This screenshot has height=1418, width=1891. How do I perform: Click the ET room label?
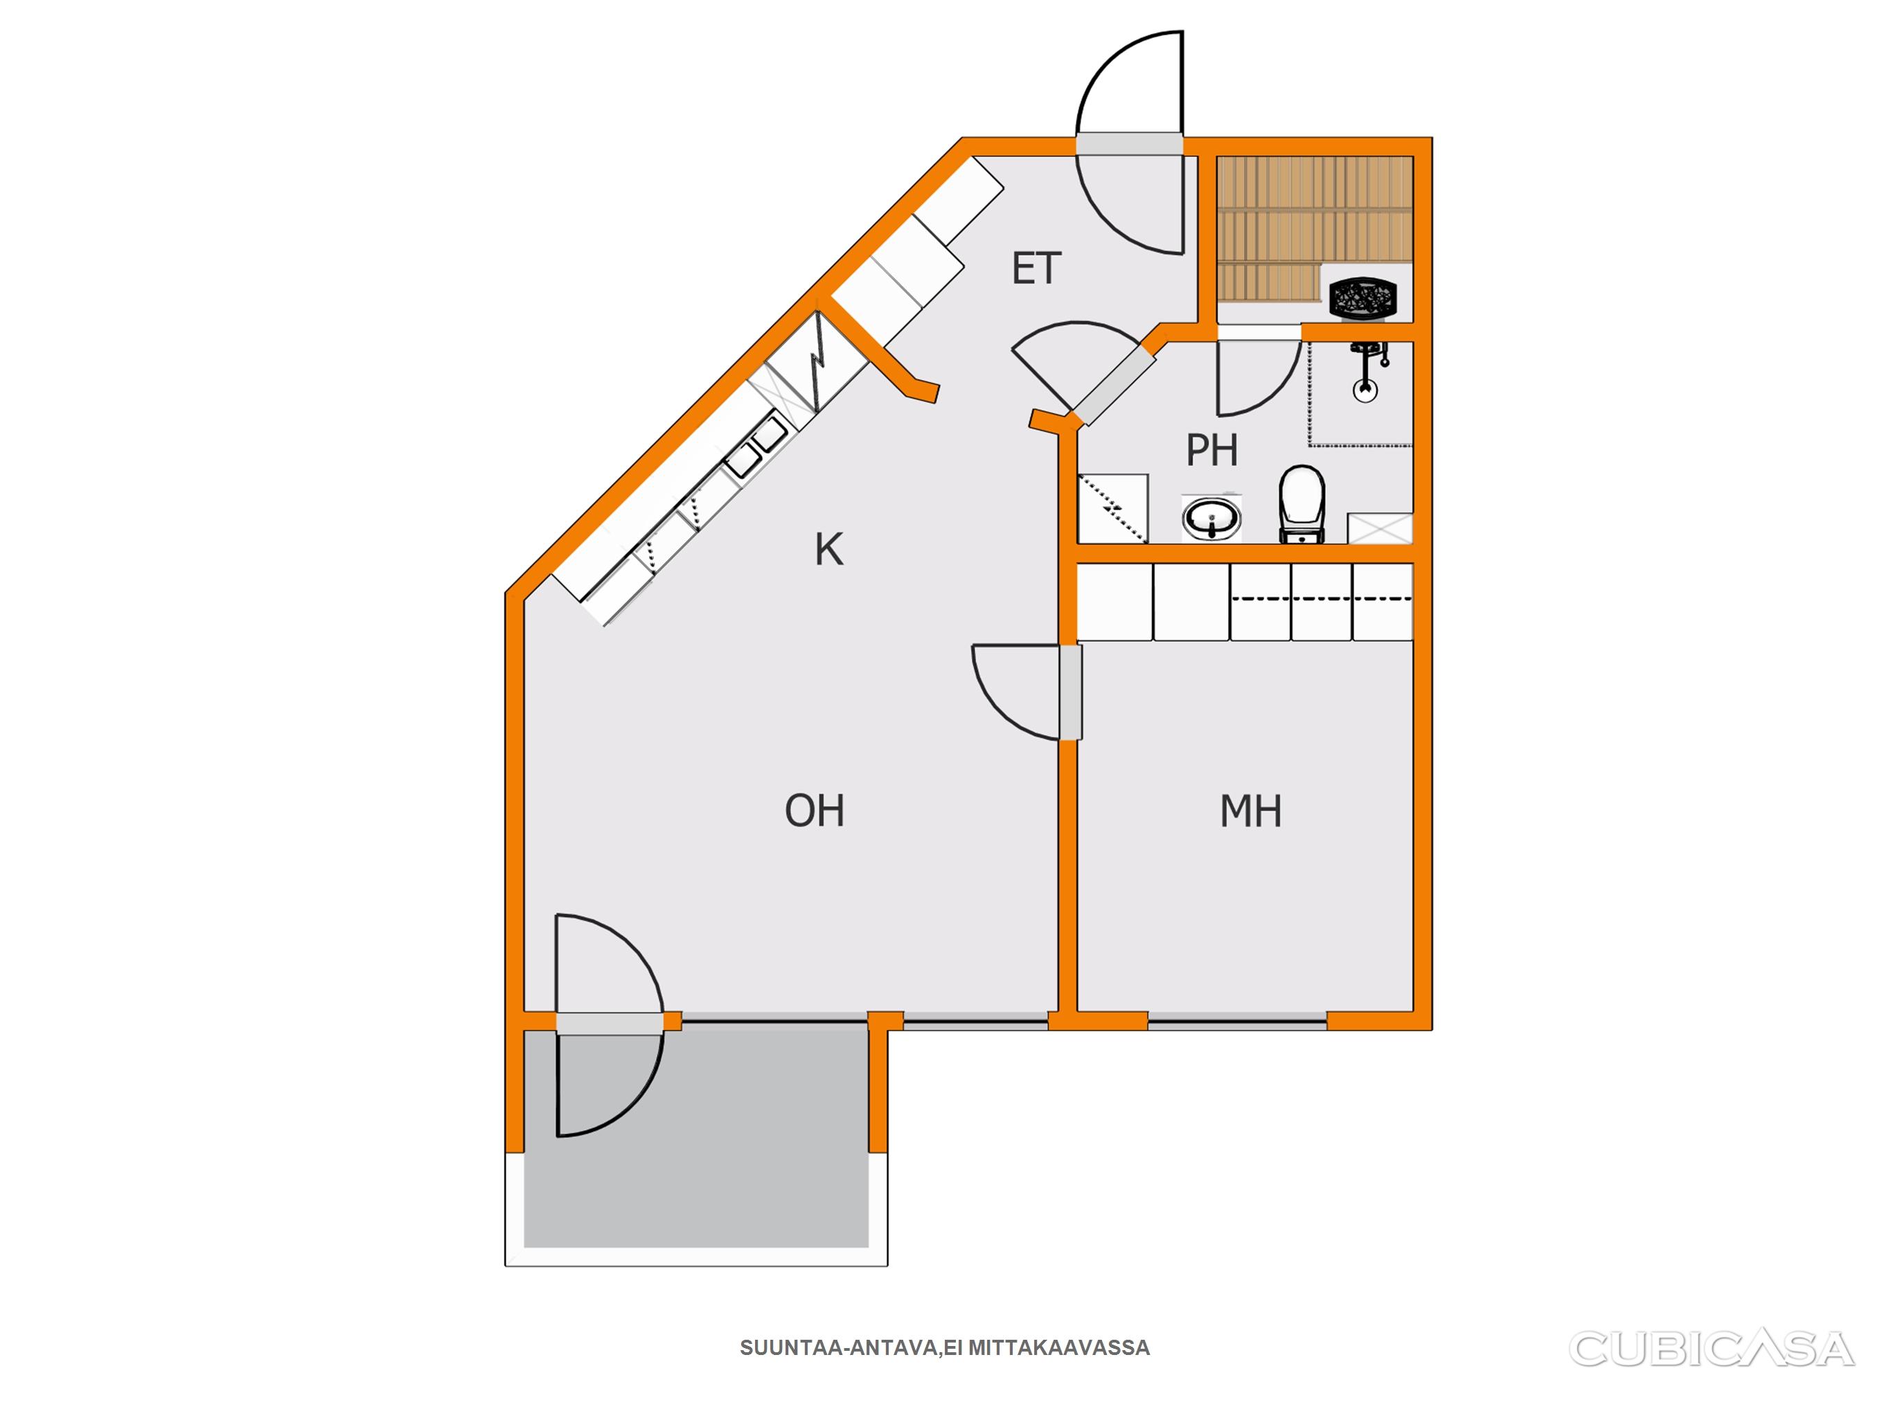point(1036,269)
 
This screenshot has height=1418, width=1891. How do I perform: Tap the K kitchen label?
point(828,550)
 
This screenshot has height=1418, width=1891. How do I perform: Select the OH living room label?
point(815,810)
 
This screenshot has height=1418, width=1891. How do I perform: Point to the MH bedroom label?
point(1251,811)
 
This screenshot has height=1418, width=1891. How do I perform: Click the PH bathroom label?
point(1212,449)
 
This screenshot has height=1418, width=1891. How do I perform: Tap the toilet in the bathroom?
point(1301,504)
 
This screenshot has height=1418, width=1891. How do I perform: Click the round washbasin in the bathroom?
point(1212,518)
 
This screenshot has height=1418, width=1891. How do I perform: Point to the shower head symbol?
point(1366,371)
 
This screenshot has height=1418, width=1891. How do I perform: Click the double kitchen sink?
point(756,445)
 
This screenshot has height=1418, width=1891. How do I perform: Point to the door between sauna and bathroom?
point(1259,377)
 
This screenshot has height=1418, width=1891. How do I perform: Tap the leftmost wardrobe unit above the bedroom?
point(1114,602)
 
